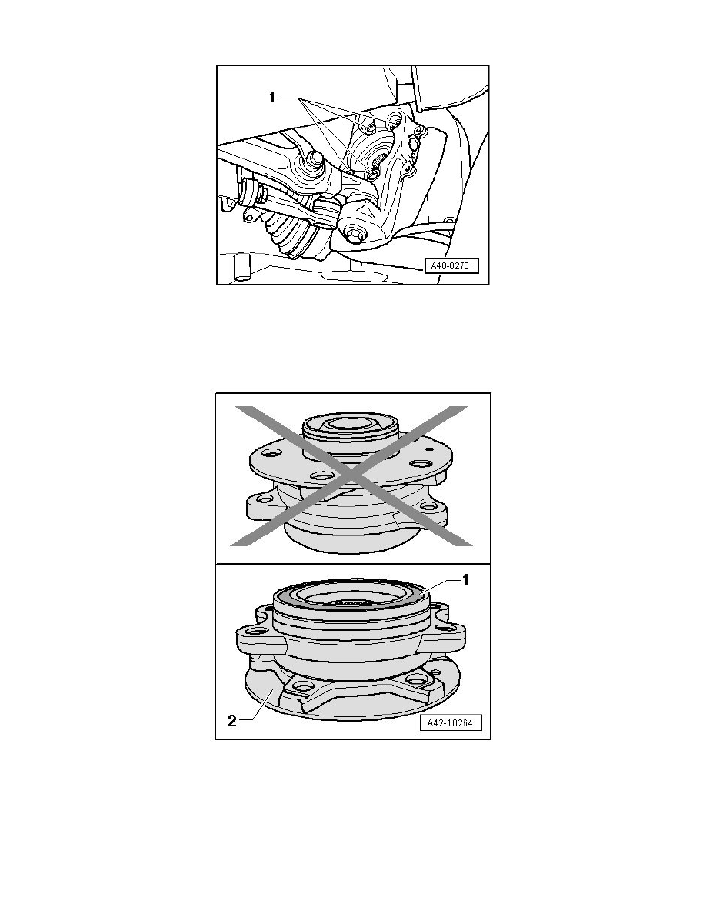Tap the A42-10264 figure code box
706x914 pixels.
450,722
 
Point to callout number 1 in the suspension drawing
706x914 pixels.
271,98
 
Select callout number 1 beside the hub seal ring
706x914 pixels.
465,581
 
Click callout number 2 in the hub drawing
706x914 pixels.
231,721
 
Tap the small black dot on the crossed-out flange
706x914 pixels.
428,449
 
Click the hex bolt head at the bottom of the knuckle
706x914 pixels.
354,235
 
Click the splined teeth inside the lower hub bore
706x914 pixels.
348,603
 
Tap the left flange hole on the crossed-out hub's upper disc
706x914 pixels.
269,453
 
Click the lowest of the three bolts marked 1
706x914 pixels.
374,173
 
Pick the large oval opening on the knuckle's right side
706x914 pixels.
415,143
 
